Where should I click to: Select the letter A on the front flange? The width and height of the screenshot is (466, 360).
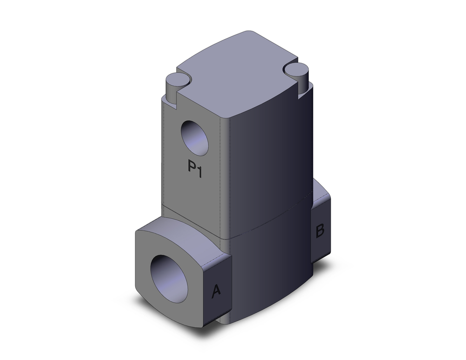[x=216, y=291]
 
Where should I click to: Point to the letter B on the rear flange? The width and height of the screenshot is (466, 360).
[x=320, y=231]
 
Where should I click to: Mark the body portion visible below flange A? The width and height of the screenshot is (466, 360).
[x=226, y=319]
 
